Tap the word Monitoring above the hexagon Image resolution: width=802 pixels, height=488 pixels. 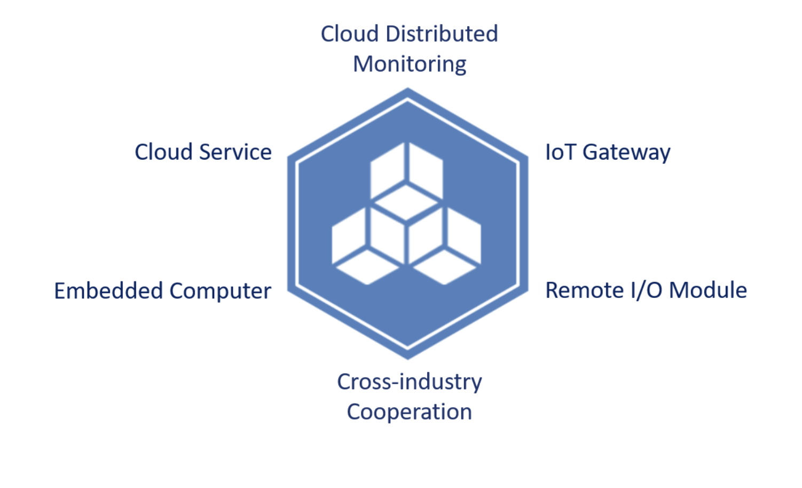[x=410, y=65]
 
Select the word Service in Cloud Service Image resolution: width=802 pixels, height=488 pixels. [x=235, y=152]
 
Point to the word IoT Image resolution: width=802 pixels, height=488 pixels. [x=560, y=152]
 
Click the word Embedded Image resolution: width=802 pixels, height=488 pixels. [x=108, y=291]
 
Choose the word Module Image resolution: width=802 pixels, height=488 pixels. [x=707, y=290]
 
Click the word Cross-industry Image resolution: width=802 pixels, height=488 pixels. [x=410, y=382]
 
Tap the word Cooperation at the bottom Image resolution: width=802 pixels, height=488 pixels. [x=410, y=412]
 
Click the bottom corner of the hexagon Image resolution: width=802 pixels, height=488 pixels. [x=408, y=357]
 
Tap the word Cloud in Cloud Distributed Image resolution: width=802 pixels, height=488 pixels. [x=350, y=34]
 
